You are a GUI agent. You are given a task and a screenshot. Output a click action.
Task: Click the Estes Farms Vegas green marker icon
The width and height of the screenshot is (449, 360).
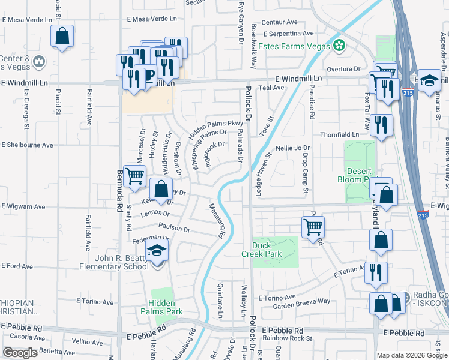340,46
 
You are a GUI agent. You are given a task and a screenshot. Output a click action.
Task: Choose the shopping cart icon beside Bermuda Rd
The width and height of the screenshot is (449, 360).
135,176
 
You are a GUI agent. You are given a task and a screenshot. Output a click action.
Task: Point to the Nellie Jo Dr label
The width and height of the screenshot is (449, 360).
292,148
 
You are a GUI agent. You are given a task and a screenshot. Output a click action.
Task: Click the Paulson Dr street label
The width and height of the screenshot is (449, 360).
174,229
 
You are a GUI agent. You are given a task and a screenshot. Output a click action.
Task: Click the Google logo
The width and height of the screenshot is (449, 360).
20,353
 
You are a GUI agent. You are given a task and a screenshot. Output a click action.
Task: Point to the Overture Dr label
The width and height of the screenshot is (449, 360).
343,69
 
